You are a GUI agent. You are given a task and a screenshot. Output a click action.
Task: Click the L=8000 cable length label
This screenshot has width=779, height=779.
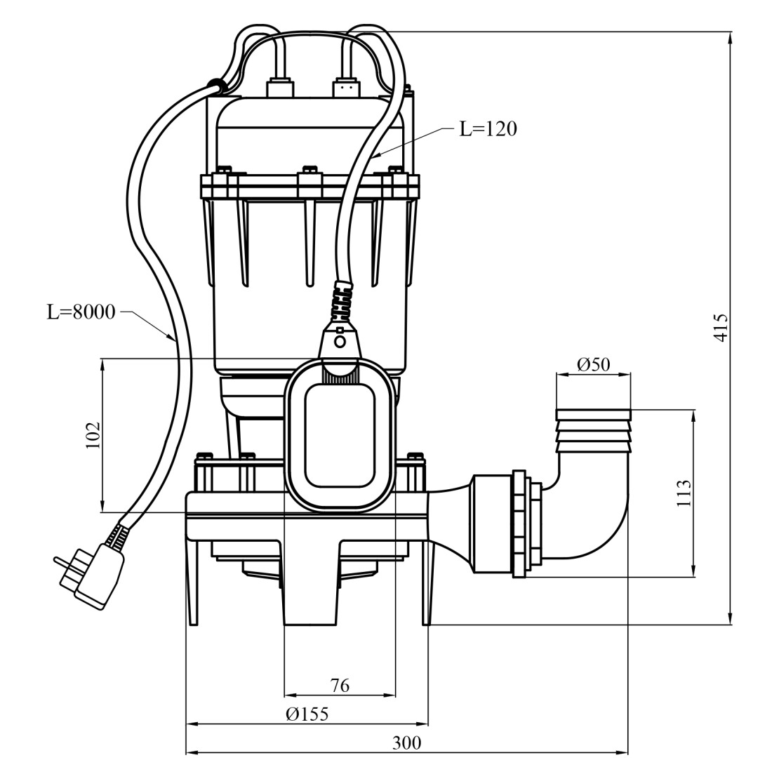81,312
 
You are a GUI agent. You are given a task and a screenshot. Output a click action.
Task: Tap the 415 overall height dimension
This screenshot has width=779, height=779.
720,327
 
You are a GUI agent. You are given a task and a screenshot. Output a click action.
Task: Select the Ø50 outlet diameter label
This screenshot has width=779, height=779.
593,364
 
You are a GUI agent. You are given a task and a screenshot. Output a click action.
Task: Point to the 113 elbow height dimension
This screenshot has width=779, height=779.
684,493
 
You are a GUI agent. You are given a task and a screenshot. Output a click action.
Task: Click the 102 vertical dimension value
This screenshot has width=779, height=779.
93,435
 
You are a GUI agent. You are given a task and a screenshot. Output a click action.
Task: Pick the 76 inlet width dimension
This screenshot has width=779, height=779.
340,685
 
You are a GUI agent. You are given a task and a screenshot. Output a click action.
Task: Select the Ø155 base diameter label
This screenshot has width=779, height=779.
307,714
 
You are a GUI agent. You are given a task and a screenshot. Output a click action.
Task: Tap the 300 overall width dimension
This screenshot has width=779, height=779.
406,743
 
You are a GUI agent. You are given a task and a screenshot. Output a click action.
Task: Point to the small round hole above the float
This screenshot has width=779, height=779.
340,342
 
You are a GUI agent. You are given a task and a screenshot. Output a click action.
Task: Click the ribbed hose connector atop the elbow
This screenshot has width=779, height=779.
593,430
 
